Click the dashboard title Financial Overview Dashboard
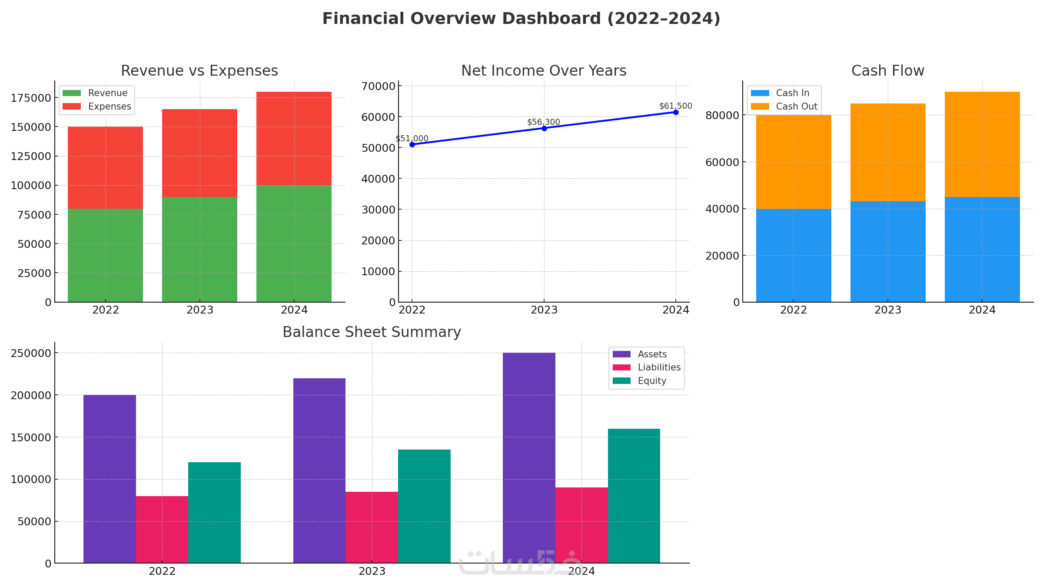tap(521, 19)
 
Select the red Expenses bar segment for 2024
tap(294, 138)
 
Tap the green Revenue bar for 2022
tap(105, 255)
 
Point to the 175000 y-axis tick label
tap(31, 98)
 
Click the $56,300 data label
tap(543, 122)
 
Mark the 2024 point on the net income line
tap(676, 112)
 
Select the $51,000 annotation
tap(412, 139)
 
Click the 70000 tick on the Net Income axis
tap(378, 86)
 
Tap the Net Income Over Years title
tap(543, 71)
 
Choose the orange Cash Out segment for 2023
tap(888, 152)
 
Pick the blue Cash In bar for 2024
tap(982, 250)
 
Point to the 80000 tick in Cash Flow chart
tap(722, 115)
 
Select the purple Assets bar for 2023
tap(319, 470)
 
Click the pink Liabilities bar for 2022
tap(162, 530)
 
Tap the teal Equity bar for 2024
tap(634, 496)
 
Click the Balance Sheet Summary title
tap(372, 332)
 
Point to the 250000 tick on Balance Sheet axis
tap(31, 353)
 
